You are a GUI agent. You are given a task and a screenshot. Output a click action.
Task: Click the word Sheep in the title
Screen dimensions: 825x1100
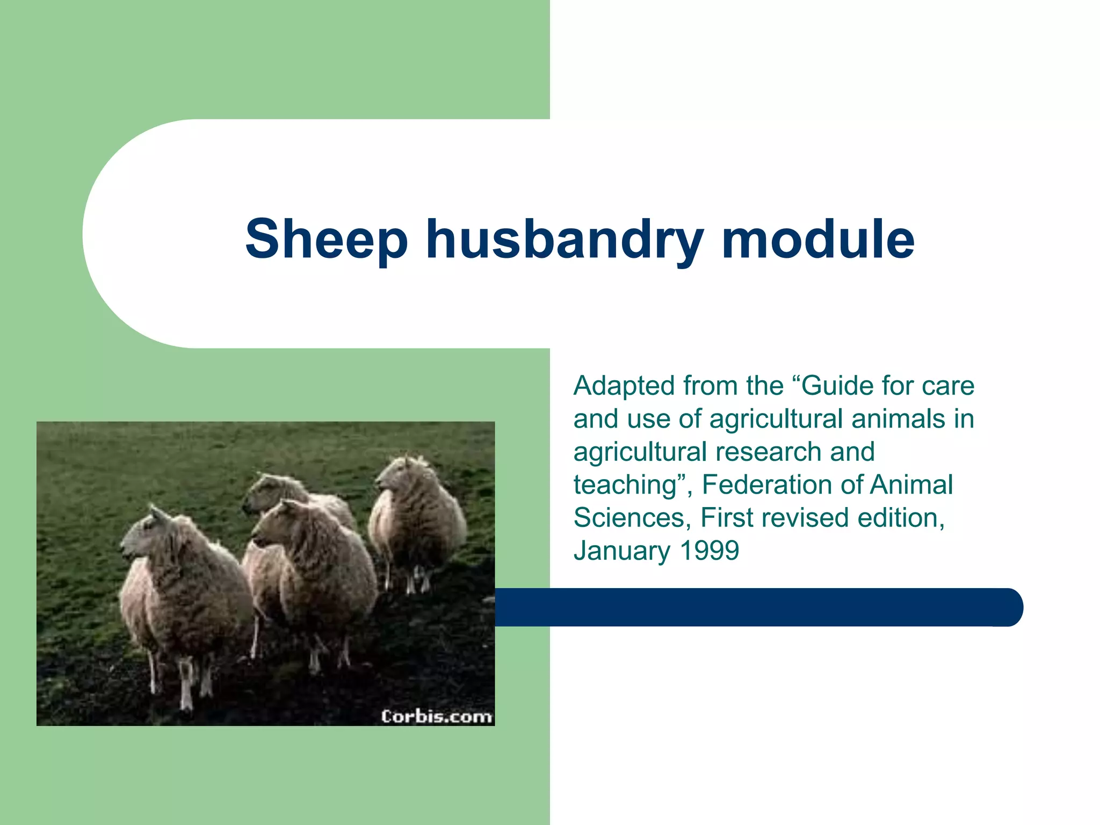coord(326,240)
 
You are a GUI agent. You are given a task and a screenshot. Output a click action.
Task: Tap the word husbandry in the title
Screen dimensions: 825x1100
coord(564,240)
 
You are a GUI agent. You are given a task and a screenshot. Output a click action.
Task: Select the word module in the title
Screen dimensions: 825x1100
coord(817,240)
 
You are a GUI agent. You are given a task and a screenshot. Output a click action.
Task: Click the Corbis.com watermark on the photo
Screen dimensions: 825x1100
coord(436,717)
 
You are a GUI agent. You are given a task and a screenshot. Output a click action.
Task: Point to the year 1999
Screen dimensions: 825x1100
coord(709,551)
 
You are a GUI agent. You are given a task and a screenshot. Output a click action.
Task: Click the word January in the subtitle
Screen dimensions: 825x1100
coord(622,551)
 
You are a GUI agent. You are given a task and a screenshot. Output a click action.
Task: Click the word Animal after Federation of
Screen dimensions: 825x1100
coord(911,484)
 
